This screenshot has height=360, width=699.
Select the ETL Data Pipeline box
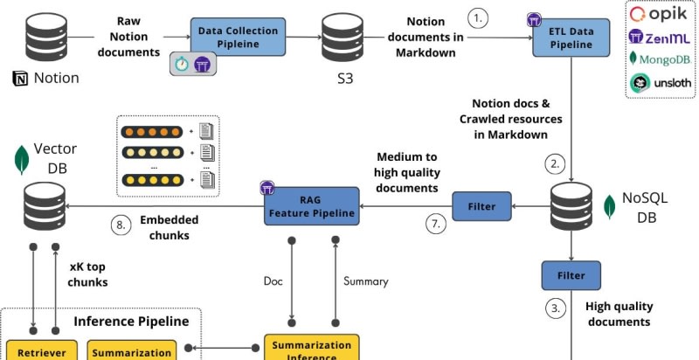point(571,38)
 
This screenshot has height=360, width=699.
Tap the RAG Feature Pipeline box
point(311,206)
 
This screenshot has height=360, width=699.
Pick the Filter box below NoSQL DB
point(571,274)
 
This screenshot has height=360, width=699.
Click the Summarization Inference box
point(311,348)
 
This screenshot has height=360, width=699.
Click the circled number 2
point(554,163)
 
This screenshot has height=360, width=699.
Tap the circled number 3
point(554,308)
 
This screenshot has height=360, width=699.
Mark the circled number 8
point(121,225)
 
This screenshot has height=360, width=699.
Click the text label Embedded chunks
point(170,226)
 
